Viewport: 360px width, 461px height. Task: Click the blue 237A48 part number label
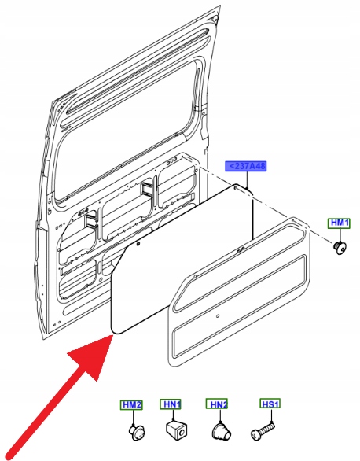246,167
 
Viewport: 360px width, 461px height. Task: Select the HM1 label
339,223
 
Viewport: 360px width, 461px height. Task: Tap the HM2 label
131,405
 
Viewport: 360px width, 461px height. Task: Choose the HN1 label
171,404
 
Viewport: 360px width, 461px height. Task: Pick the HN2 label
217,404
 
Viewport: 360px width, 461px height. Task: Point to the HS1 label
270,404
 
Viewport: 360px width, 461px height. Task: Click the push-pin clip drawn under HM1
340,248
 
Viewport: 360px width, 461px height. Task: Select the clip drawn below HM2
136,433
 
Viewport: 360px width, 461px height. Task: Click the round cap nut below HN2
222,432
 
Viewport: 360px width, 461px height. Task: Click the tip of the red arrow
113,335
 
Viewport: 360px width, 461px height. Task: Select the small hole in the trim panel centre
218,316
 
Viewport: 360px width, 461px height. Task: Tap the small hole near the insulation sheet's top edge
138,243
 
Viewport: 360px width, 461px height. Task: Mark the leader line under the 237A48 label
248,180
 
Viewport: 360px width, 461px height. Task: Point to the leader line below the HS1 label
272,416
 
